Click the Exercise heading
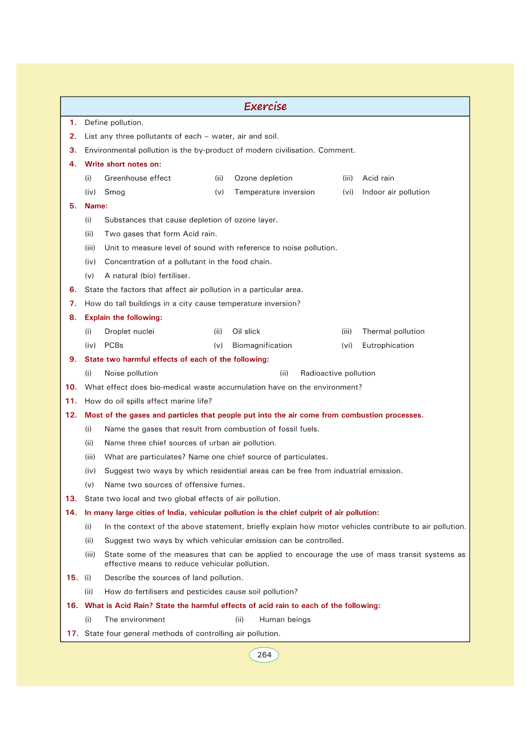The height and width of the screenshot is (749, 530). (265, 106)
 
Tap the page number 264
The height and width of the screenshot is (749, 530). (264, 655)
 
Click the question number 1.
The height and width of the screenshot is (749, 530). (73, 122)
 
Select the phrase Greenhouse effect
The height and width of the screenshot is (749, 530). (138, 178)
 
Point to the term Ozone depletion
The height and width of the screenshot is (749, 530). (263, 178)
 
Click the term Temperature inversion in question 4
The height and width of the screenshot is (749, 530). (275, 192)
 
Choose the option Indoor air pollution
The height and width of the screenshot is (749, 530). (396, 192)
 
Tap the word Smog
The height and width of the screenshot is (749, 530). (115, 192)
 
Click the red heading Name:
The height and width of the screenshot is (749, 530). (96, 206)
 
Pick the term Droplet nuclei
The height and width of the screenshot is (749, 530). (129, 331)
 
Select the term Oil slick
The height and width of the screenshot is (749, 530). (246, 331)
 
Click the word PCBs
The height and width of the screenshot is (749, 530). (114, 345)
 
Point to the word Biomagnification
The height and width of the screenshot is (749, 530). (262, 345)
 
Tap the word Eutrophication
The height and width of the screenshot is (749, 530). (388, 345)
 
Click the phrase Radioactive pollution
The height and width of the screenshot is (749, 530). (338, 373)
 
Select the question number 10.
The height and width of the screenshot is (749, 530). (71, 387)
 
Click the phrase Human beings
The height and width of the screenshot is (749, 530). (285, 620)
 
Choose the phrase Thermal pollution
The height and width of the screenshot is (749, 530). (393, 331)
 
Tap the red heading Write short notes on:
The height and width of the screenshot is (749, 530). (123, 164)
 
